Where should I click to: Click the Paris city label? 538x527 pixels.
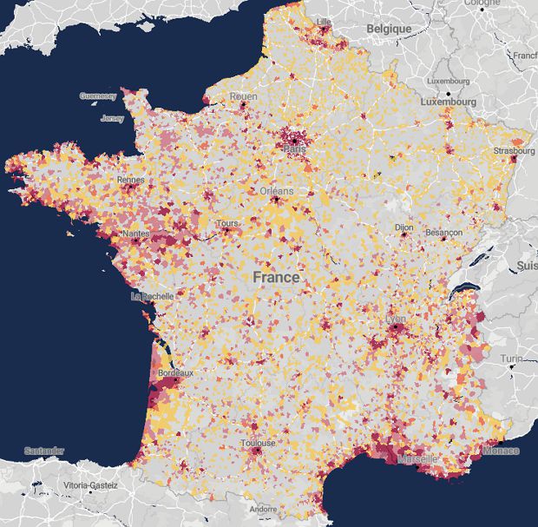293,148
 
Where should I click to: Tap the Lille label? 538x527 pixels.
325,21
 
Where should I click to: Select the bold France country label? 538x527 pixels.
276,278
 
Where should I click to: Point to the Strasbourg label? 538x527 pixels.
515,150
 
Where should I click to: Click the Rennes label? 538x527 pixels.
131,180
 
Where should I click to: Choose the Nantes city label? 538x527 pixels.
136,234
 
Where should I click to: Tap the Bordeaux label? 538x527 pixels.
177,372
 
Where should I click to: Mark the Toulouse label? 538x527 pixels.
258,443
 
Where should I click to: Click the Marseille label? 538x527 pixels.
418,459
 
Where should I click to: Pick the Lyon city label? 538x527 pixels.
395,319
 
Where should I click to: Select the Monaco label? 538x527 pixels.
502,451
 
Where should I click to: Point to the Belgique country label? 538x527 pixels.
388,29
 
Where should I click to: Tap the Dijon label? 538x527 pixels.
403,227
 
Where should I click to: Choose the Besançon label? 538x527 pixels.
443,233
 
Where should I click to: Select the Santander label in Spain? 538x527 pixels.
44,451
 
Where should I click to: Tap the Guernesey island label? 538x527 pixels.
97,96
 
